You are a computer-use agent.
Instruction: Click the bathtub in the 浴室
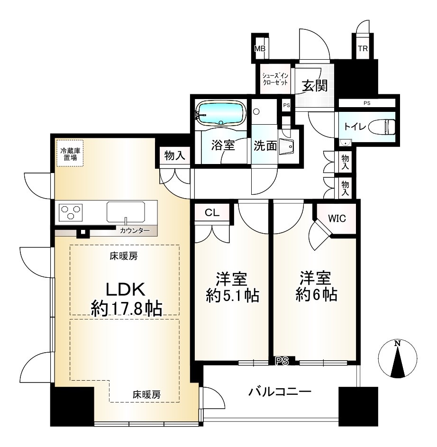221,113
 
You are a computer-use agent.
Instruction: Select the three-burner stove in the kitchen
71,212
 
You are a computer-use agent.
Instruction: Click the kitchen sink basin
126,212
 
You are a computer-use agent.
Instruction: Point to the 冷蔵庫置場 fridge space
70,154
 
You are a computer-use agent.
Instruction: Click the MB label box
260,48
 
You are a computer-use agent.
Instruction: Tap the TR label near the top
363,48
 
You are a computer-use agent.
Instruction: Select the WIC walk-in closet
337,219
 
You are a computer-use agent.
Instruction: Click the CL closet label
212,213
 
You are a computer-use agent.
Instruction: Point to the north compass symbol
397,359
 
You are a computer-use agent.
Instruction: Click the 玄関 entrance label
315,85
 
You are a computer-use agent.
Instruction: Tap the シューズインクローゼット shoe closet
275,79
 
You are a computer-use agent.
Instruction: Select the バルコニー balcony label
280,392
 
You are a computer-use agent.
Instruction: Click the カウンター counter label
134,231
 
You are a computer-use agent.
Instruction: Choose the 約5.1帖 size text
232,296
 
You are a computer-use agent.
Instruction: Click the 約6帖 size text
316,294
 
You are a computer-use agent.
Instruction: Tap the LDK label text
126,289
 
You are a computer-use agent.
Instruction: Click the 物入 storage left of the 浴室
175,155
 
